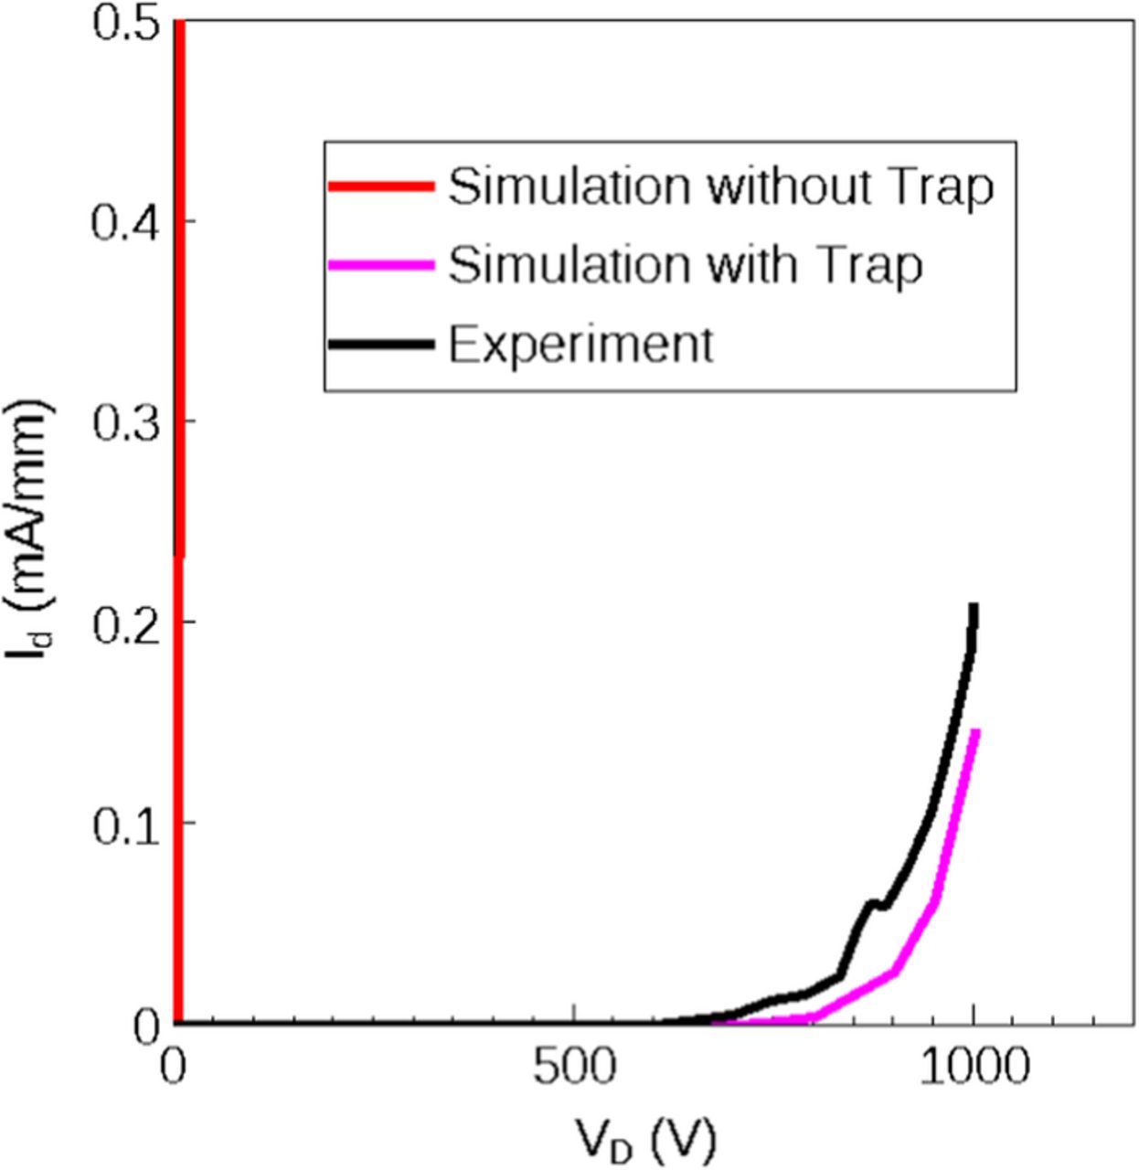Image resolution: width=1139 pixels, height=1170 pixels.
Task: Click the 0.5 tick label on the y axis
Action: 126,22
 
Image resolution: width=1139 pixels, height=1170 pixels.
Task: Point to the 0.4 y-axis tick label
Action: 126,222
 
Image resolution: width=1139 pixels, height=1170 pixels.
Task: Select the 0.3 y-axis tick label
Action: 126,422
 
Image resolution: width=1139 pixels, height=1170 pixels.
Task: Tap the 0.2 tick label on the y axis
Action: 126,622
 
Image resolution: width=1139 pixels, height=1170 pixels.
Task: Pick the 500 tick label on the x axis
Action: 574,1069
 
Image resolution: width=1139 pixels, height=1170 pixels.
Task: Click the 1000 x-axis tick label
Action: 974,1069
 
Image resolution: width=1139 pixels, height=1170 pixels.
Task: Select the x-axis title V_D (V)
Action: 645,1138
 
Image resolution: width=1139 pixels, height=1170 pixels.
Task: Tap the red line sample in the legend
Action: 381,186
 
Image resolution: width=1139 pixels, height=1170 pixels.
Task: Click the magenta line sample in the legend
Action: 381,265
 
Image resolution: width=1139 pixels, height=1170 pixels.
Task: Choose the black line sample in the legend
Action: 381,345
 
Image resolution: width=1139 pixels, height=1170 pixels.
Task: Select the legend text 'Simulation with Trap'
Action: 685,266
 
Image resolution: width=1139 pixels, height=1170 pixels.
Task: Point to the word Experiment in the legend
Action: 580,346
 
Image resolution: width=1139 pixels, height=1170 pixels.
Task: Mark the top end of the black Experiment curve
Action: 974,607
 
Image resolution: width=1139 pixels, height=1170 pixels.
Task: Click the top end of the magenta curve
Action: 976,731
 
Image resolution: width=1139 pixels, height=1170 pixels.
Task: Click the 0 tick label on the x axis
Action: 173,1069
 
